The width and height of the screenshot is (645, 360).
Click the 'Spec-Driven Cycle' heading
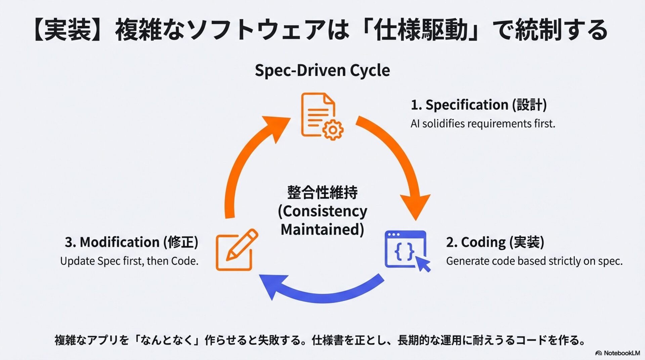click(x=322, y=71)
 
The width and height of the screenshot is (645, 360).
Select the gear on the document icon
click(x=333, y=129)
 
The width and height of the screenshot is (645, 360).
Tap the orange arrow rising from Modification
click(x=249, y=158)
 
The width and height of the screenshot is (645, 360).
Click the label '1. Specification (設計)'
click(x=478, y=105)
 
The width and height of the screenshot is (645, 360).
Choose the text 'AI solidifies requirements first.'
click(x=482, y=124)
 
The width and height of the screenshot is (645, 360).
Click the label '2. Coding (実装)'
click(x=495, y=242)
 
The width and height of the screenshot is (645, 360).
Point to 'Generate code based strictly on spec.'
click(x=534, y=261)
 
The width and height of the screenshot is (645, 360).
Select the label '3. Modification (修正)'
click(x=131, y=242)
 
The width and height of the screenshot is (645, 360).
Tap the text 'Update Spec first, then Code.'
click(x=129, y=261)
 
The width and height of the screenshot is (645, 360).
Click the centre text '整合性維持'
click(x=322, y=192)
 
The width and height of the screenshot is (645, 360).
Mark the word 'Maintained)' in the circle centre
click(x=322, y=230)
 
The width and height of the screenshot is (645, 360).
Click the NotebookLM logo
click(x=617, y=353)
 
